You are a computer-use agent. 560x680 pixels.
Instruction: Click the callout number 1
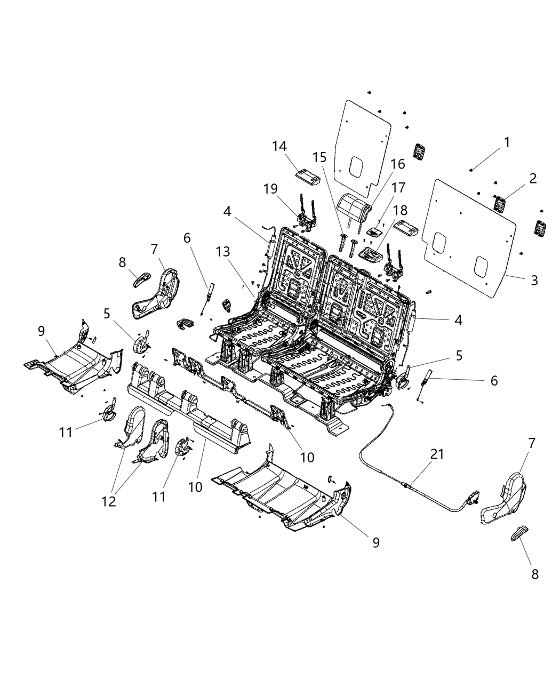click(x=507, y=142)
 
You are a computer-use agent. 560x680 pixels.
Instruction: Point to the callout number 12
click(x=109, y=502)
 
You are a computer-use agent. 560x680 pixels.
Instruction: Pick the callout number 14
click(x=279, y=146)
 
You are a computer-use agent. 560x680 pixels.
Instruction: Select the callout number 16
click(x=397, y=165)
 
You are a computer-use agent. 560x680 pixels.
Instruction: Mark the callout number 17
click(x=398, y=188)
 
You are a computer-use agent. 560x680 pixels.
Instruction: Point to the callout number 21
click(x=437, y=454)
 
